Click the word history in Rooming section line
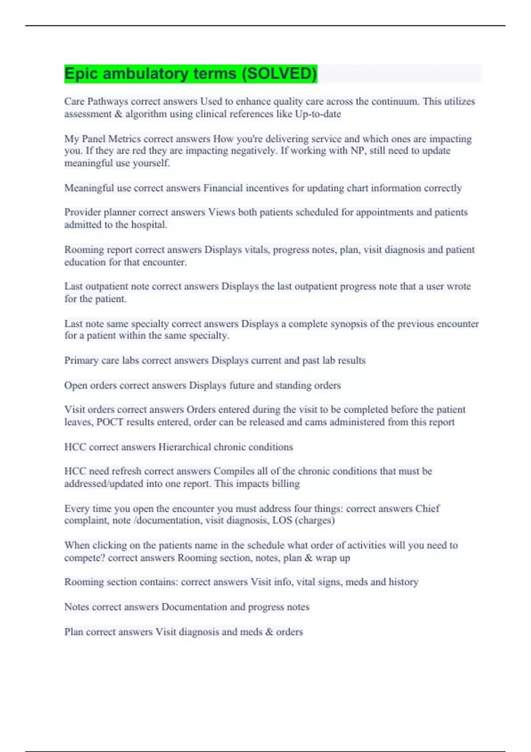(x=403, y=582)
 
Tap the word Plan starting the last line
(x=73, y=632)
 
